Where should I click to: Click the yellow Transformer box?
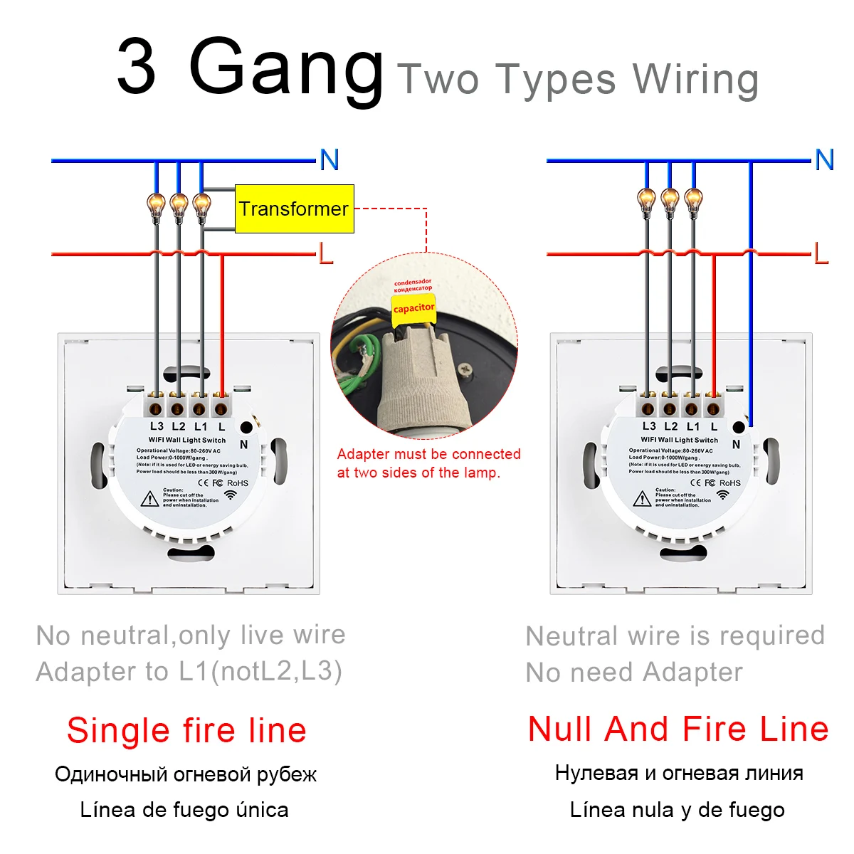pyautogui.click(x=294, y=209)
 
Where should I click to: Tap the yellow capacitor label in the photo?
pyautogui.click(x=413, y=307)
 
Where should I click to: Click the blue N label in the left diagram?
pyautogui.click(x=329, y=160)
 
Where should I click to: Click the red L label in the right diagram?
pyautogui.click(x=821, y=253)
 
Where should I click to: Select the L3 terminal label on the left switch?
pyautogui.click(x=157, y=426)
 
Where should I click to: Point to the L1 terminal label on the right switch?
pyautogui.click(x=692, y=426)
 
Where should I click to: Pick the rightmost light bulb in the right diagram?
pyautogui.click(x=692, y=201)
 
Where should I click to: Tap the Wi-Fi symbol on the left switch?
pyautogui.click(x=231, y=495)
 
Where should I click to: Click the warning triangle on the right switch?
pyautogui.click(x=643, y=497)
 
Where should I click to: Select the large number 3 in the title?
pyautogui.click(x=137, y=68)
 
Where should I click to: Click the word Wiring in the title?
pyautogui.click(x=695, y=80)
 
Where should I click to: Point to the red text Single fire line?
pyautogui.click(x=186, y=730)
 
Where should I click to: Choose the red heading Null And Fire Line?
pyautogui.click(x=678, y=729)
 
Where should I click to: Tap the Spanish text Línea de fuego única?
pyautogui.click(x=184, y=810)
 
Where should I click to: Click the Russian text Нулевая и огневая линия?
pyautogui.click(x=679, y=773)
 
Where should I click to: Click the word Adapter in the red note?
pyautogui.click(x=363, y=454)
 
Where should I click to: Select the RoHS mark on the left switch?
pyautogui.click(x=238, y=483)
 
